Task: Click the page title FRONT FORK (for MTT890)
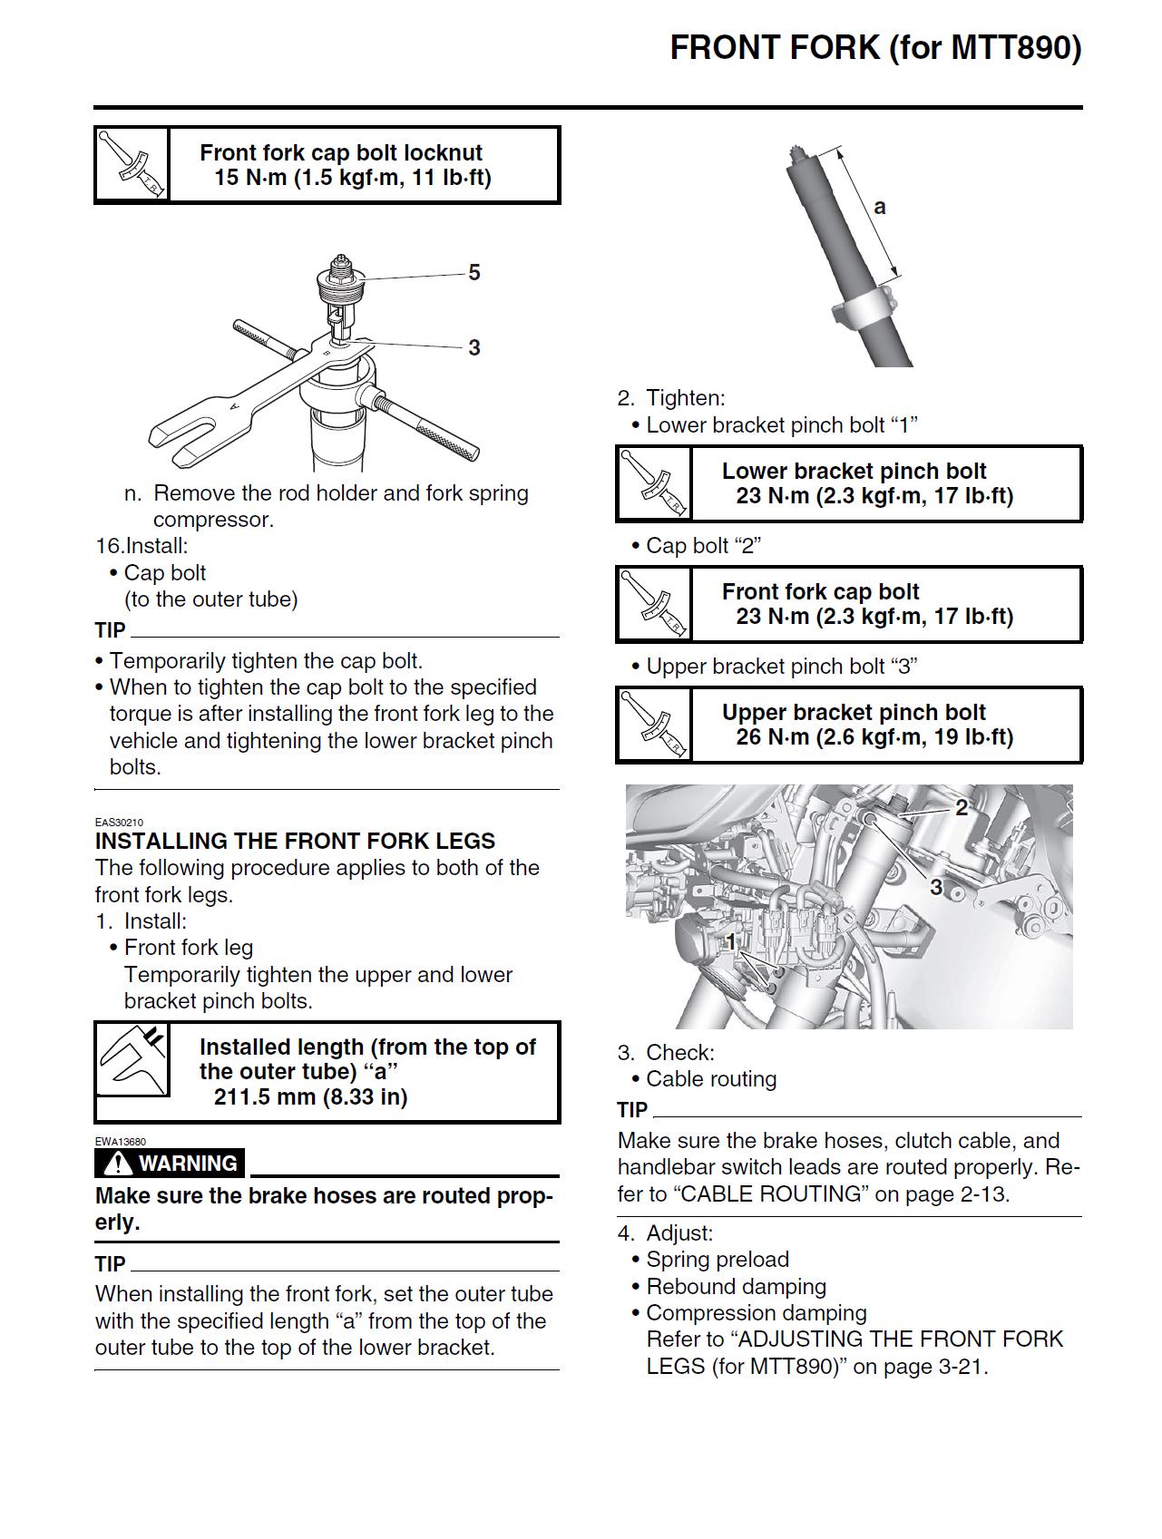click(x=875, y=48)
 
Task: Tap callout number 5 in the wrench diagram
click(x=474, y=273)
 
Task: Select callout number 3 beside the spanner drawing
click(x=474, y=347)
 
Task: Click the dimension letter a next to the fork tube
click(x=879, y=207)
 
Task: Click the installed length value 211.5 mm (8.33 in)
click(x=310, y=1097)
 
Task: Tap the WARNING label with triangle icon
click(x=170, y=1164)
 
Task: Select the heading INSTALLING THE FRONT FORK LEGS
click(x=295, y=841)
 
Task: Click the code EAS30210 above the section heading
click(x=119, y=823)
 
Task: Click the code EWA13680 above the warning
click(x=120, y=1142)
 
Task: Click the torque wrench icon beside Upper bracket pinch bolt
click(x=654, y=725)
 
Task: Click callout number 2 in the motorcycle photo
click(x=962, y=807)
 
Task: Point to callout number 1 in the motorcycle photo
click(x=730, y=942)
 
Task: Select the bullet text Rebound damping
click(x=736, y=1287)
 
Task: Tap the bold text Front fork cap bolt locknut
click(x=340, y=153)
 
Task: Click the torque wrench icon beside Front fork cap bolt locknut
click(x=132, y=165)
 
